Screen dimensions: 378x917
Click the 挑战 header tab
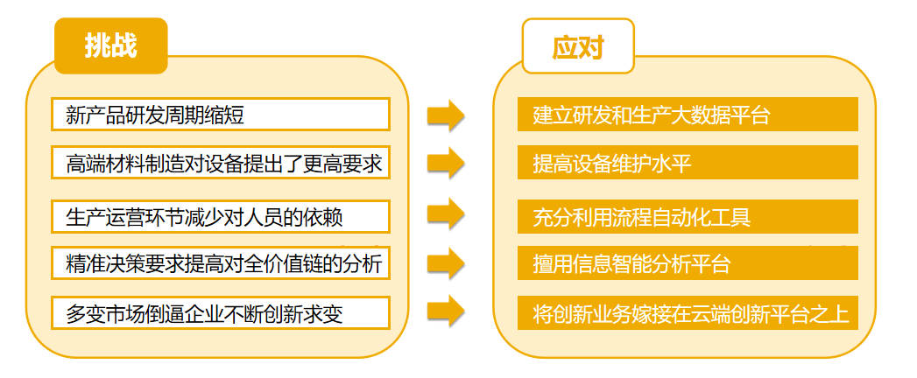tap(110, 45)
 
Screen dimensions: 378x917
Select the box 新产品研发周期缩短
tap(220, 115)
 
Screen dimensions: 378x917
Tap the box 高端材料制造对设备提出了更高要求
tap(220, 164)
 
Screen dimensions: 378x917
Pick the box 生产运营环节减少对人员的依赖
tap(220, 215)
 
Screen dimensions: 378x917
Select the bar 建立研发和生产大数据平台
tap(688, 115)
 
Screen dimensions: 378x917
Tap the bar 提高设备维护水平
tap(688, 163)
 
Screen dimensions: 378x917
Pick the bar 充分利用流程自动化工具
tap(688, 216)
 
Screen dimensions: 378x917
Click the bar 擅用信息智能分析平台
tap(688, 263)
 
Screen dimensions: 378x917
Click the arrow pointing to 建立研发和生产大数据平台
tap(445, 115)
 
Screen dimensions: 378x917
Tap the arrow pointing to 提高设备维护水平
tap(445, 163)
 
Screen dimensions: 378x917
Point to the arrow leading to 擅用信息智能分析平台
tap(445, 262)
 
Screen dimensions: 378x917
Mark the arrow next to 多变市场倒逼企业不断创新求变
tap(445, 311)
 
